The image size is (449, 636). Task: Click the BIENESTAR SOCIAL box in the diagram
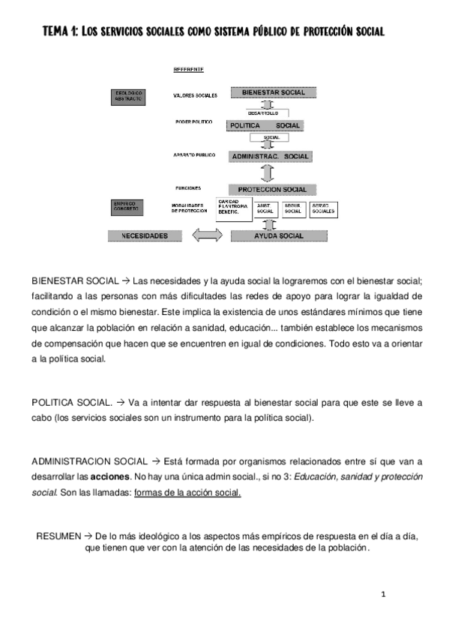(x=273, y=93)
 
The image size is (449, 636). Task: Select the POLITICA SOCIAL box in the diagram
(x=265, y=125)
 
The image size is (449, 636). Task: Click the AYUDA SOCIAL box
(x=278, y=235)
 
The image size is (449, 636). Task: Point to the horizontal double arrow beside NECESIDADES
(x=207, y=235)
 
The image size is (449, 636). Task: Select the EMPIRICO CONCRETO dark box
(x=128, y=206)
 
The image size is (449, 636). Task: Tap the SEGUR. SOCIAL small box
(x=293, y=209)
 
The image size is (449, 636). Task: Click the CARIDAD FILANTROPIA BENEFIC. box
(x=233, y=208)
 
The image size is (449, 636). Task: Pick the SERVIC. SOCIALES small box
(x=323, y=209)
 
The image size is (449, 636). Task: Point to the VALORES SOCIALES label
(x=195, y=96)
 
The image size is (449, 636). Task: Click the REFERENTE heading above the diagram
(x=189, y=70)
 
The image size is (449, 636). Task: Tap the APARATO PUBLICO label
(x=195, y=155)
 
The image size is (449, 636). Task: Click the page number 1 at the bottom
(x=383, y=595)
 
